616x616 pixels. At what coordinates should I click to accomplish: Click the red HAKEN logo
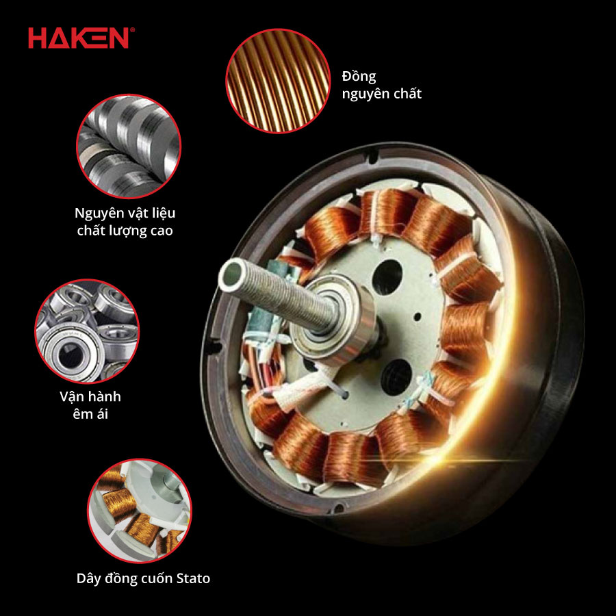pos(78,38)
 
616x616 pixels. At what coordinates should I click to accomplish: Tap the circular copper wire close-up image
pos(278,81)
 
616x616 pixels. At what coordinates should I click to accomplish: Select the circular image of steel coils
pos(129,146)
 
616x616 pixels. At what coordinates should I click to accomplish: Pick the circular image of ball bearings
pos(87,331)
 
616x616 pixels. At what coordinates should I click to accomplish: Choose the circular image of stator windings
pos(140,511)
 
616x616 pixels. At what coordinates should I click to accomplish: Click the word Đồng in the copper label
pos(359,76)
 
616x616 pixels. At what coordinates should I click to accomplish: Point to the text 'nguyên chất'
pos(381,94)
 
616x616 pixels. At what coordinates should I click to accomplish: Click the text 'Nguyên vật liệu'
pos(125,213)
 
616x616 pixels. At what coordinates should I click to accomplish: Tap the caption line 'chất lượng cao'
pos(125,231)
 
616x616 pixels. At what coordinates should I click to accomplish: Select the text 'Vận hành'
pos(90,396)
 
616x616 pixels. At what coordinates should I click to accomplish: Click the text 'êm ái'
pos(90,414)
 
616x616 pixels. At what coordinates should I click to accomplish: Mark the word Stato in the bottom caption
pos(193,578)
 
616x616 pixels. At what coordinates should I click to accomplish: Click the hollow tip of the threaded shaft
pos(231,272)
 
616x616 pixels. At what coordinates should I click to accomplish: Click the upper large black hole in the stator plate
pos(387,277)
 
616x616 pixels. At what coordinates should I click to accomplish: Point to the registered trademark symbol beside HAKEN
pos(132,29)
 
